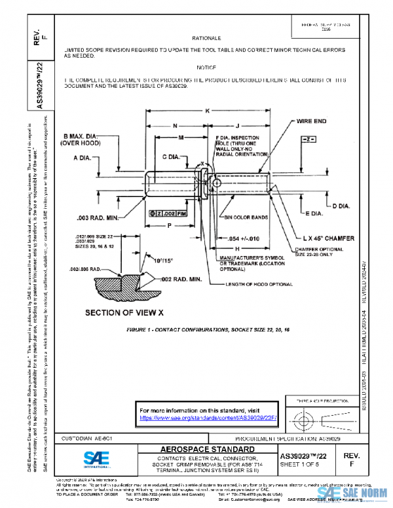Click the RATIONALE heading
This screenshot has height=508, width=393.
tap(211, 39)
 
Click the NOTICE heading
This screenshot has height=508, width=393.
tap(206, 67)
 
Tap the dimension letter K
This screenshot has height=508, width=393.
tap(208, 111)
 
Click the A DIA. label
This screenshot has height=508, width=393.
tap(84, 158)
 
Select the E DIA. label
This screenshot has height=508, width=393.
tap(316, 214)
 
